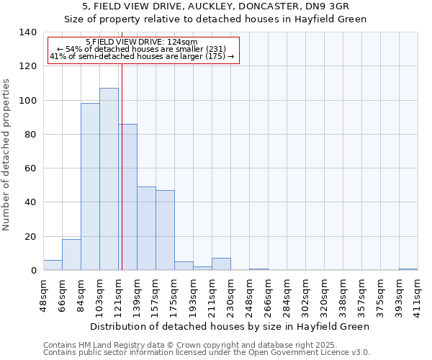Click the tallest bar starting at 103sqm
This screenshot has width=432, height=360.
pos(109,179)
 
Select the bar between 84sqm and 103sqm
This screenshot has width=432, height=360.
pos(90,186)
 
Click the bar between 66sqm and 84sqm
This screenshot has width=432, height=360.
pos(71,255)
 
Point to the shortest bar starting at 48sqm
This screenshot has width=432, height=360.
pos(53,265)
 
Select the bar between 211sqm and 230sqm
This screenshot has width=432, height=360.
pos(221,264)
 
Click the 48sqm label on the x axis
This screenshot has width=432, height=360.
pos(43,292)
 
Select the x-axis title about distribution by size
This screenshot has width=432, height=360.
pos(230,326)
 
